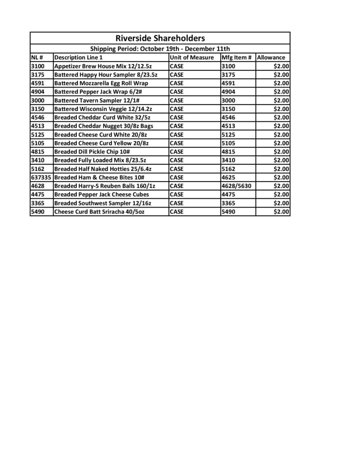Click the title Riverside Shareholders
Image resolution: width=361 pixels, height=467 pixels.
click(x=160, y=38)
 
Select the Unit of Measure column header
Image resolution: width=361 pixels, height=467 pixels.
click(x=191, y=58)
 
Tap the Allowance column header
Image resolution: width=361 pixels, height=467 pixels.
click(x=271, y=58)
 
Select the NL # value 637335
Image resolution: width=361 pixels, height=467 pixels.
click(x=42, y=177)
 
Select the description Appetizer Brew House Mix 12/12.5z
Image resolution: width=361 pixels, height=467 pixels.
click(x=105, y=66)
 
